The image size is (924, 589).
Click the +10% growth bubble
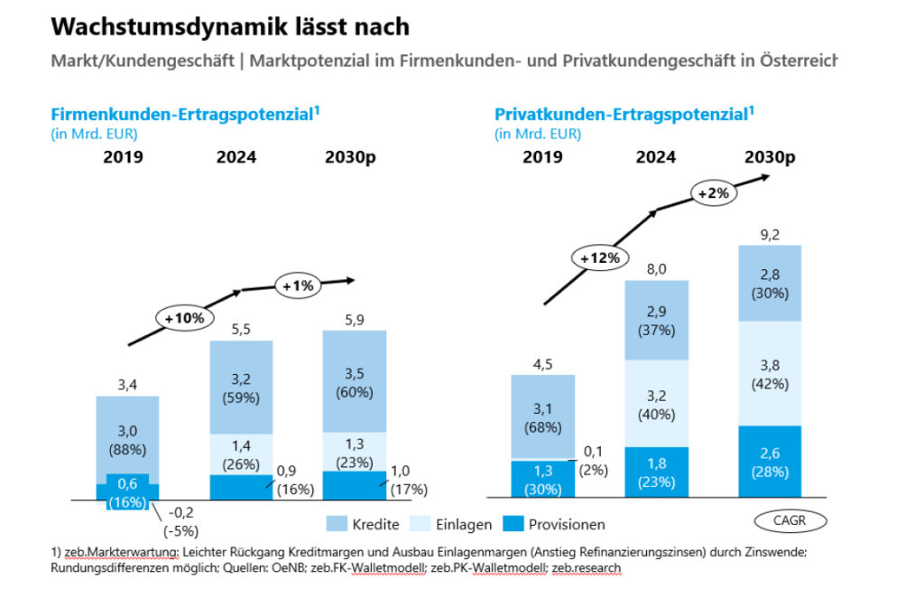coord(184,318)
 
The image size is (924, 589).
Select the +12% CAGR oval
coord(597,257)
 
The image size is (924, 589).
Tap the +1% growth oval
coord(299,285)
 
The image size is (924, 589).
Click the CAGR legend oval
coord(790,520)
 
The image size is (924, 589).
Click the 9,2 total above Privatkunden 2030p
coord(769,233)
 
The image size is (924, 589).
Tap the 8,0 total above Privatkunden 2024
coord(656,268)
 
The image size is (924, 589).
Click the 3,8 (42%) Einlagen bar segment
coord(769,373)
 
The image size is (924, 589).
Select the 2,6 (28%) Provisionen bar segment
coord(769,461)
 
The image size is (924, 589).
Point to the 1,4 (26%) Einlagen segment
coord(241,454)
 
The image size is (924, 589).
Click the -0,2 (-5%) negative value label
coord(184,521)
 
